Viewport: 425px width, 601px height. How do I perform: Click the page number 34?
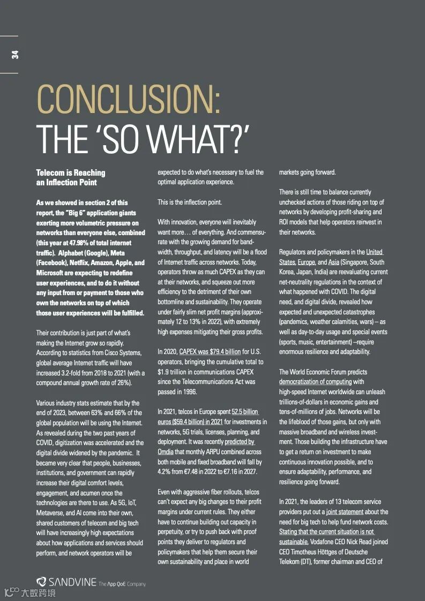[x=14, y=54]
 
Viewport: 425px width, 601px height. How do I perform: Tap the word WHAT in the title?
[x=191, y=140]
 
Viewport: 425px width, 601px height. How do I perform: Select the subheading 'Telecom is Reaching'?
[x=70, y=173]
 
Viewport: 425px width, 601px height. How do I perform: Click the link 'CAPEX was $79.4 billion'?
[x=210, y=352]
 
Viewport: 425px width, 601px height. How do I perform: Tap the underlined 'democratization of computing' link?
[x=315, y=382]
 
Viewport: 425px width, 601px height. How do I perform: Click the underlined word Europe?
[x=307, y=262]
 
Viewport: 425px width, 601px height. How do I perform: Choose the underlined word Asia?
[x=334, y=262]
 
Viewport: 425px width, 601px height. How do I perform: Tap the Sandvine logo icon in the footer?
[x=41, y=582]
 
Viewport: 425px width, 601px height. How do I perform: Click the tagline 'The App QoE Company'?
[x=122, y=584]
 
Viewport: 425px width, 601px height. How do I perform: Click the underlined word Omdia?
[x=166, y=452]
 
